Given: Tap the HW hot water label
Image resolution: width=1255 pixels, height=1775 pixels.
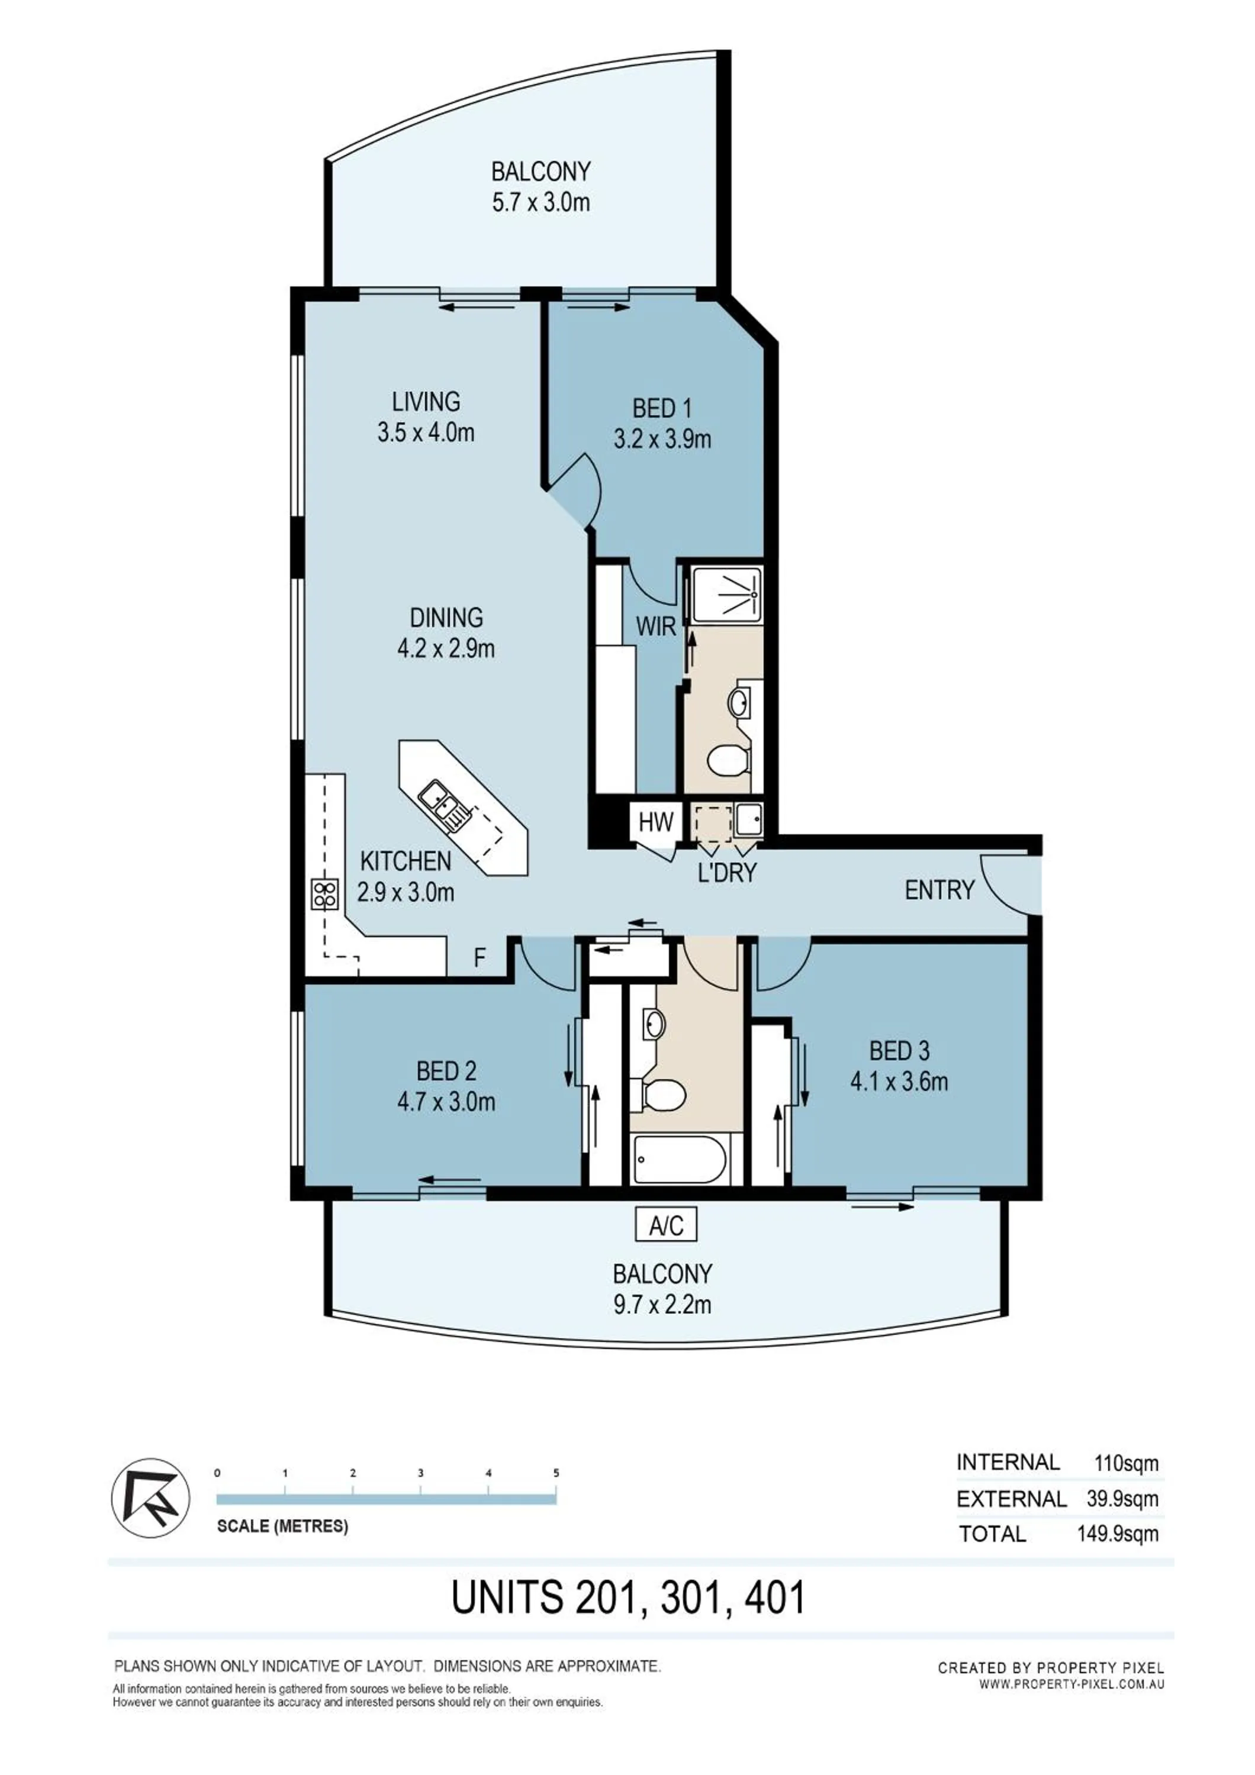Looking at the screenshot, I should [656, 822].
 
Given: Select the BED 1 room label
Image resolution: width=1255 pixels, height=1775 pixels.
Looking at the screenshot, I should [662, 408].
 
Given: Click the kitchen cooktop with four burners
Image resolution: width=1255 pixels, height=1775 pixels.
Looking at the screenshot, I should [325, 895].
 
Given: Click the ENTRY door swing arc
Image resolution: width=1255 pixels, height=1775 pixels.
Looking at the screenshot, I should [1002, 883].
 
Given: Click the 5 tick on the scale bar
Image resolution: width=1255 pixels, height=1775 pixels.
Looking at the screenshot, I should [556, 1473].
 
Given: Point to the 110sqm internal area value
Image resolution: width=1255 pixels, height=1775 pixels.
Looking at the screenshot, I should [1126, 1463].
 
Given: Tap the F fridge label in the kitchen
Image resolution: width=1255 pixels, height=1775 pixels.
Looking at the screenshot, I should [480, 958].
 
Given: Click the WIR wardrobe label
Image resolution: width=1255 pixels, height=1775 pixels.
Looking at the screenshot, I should [656, 626].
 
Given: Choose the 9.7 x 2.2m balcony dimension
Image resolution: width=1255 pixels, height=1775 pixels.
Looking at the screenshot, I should [662, 1305].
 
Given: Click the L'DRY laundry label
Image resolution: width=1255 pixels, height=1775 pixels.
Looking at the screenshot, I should [726, 873].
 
